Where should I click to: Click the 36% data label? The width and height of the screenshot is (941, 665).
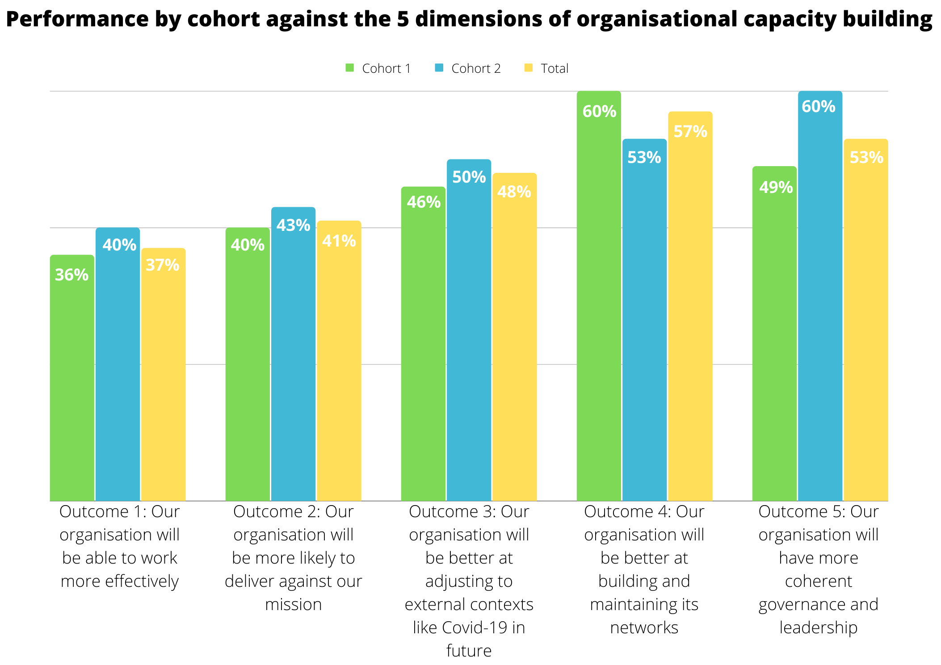[71, 275]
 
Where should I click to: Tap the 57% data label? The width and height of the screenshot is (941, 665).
[690, 131]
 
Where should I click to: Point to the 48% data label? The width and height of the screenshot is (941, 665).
[514, 192]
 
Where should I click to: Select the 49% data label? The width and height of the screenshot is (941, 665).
[776, 187]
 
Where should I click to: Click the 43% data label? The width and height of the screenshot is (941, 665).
[293, 225]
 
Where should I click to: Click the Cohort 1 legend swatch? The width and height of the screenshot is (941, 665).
[349, 68]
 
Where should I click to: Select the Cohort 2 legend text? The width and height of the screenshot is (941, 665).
[476, 68]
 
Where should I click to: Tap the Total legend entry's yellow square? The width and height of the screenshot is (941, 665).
[529, 68]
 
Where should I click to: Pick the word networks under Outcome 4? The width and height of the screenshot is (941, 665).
[644, 627]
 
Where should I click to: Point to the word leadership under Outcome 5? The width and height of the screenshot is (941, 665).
[818, 627]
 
